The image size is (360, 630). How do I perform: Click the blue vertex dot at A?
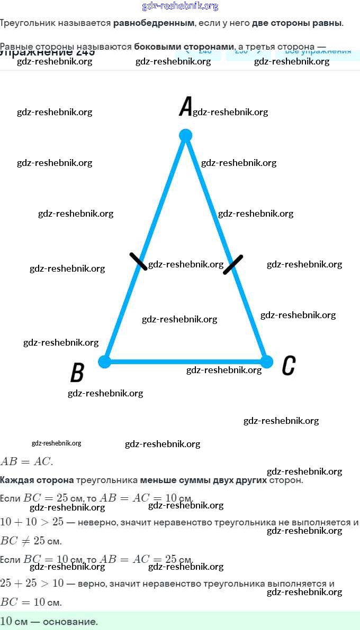coord(185,135)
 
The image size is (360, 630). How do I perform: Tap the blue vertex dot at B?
coord(105,362)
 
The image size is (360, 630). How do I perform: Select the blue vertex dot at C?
coord(267,362)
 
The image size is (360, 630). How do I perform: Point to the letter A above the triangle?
coord(185,106)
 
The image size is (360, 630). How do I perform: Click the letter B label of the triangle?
coord(77,373)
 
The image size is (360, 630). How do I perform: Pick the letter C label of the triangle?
coord(289,365)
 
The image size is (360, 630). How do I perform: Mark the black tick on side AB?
coord(139,261)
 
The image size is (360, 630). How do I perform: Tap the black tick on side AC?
coord(233,264)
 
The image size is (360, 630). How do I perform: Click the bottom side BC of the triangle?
coord(159,362)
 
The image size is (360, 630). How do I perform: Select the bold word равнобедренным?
coord(154,23)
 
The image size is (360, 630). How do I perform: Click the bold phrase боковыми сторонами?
coord(184,47)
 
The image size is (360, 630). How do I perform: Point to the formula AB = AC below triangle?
coord(26,461)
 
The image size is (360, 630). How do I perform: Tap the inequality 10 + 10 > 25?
coord(32,522)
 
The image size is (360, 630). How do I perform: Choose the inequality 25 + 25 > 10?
coord(32,583)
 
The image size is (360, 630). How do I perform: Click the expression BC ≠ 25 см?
coord(31,541)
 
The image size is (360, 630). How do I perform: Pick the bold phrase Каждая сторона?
coord(37,480)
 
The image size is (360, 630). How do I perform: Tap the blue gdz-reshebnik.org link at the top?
coord(180,6)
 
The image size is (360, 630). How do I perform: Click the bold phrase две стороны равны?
coord(297,23)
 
